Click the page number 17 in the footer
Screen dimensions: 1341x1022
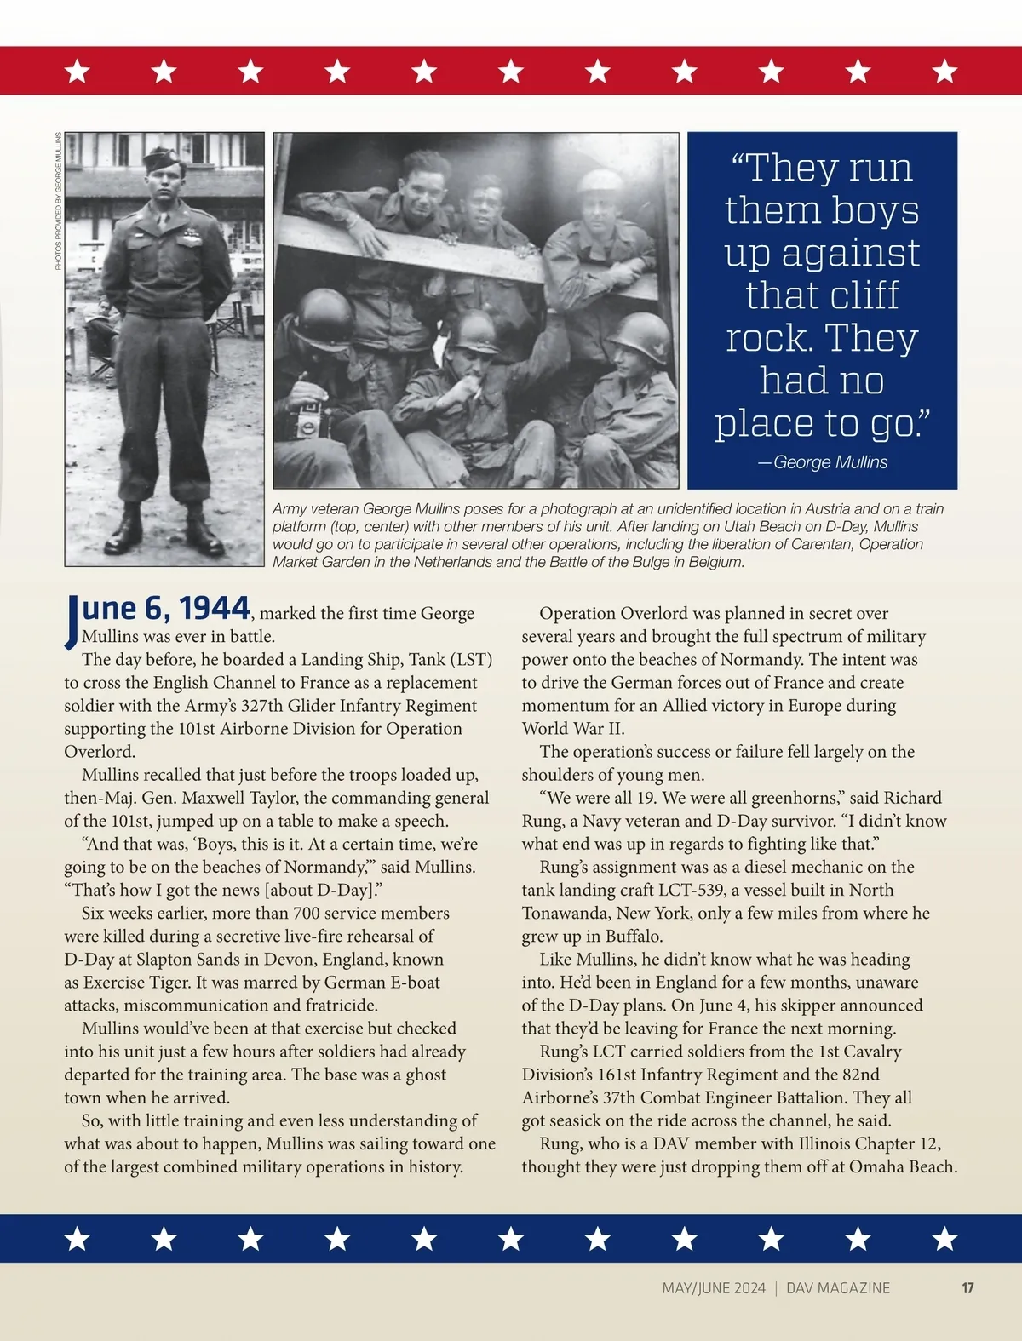967,1288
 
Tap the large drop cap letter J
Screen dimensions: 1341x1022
72,622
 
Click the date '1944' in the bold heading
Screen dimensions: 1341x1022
214,608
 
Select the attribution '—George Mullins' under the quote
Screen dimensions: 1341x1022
823,462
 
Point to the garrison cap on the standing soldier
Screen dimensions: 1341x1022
160,158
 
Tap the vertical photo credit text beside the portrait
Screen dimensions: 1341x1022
59,202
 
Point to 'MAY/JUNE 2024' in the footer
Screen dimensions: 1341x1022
714,1288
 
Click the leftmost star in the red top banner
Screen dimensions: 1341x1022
78,71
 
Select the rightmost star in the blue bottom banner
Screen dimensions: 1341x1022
944,1239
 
